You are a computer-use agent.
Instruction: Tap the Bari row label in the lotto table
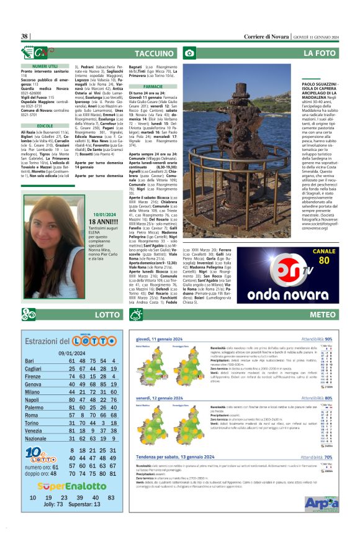[x=29, y=361]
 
